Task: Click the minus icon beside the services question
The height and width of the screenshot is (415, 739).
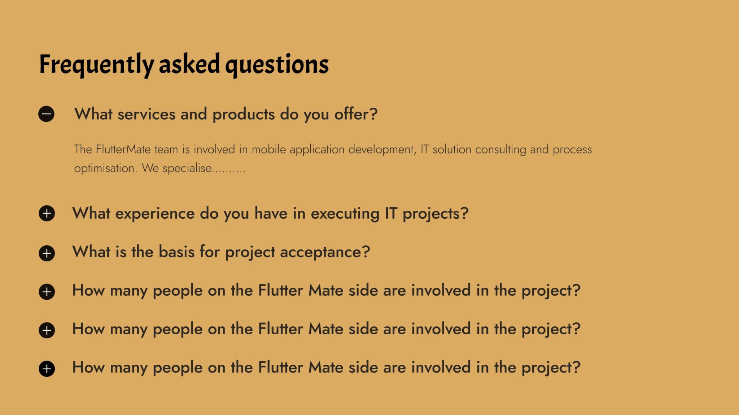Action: pos(46,114)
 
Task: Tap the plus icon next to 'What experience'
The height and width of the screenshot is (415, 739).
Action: pos(47,214)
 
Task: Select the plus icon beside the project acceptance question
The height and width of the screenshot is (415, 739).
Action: pos(47,253)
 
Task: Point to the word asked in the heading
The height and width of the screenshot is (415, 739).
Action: pos(189,64)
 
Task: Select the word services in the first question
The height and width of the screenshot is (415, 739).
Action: pos(147,115)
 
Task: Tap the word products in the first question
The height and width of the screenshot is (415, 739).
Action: pos(244,115)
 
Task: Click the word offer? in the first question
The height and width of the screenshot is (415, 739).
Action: pos(356,114)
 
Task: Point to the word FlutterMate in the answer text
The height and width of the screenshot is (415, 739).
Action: pos(123,149)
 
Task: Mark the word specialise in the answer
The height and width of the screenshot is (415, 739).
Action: pos(187,168)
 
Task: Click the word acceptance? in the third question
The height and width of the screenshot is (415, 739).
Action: pos(325,252)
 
